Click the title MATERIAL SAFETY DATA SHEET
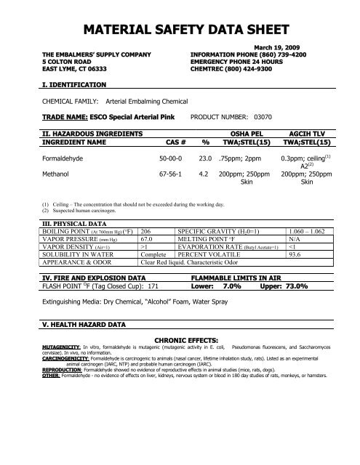(x=180, y=30)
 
